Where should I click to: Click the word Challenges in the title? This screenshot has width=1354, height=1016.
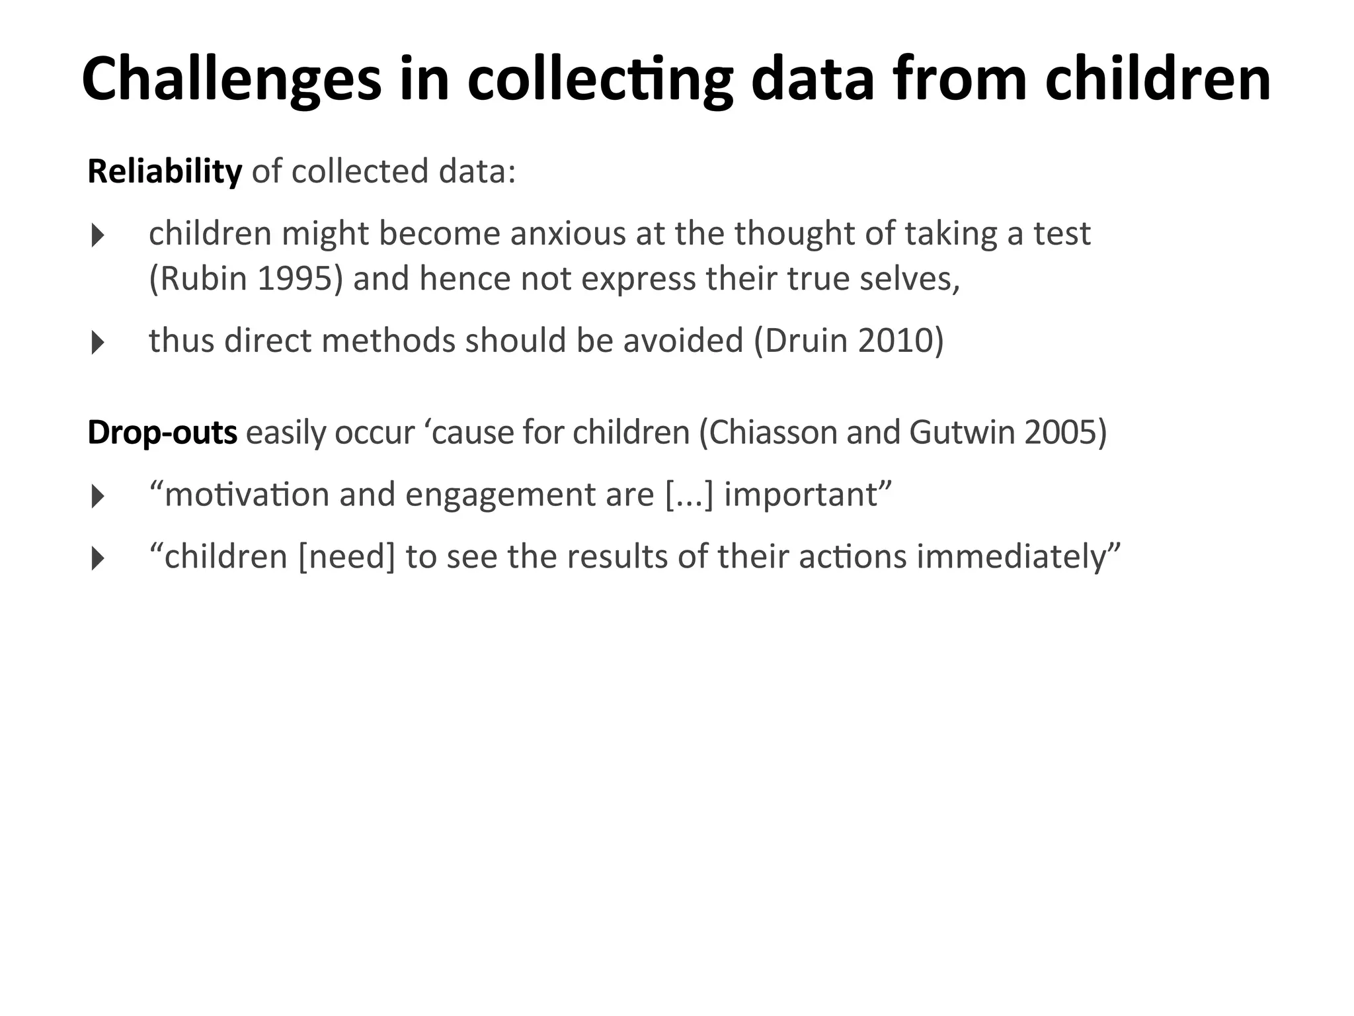[231, 79]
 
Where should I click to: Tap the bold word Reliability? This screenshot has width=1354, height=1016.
[165, 171]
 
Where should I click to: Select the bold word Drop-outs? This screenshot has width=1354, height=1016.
[162, 433]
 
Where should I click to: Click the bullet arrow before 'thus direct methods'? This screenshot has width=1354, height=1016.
[98, 343]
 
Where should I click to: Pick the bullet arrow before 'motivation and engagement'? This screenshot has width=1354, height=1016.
[98, 496]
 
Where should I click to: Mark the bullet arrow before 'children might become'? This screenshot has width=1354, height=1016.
[98, 235]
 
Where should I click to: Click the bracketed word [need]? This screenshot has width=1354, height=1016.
[346, 556]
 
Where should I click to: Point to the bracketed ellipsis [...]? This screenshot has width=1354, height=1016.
[690, 495]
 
